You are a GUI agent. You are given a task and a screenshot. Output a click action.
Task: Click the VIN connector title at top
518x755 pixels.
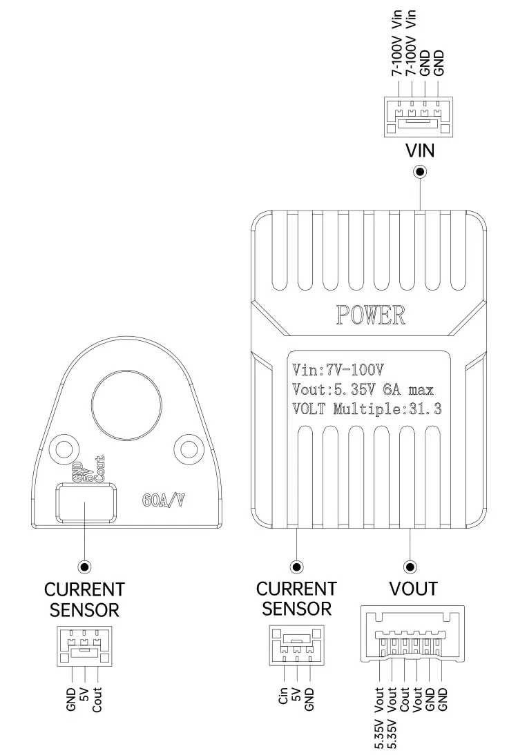click(x=419, y=150)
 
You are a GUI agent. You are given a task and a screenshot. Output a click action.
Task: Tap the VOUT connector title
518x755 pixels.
click(x=412, y=589)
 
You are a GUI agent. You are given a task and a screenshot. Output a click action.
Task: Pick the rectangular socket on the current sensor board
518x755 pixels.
click(x=86, y=502)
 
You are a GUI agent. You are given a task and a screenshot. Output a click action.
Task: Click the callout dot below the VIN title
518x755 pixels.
click(x=419, y=171)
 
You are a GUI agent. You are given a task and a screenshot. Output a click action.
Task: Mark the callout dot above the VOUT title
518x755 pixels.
click(x=412, y=566)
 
